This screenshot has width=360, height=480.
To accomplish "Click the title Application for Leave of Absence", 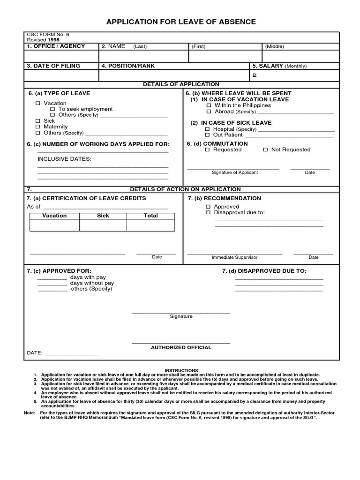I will (x=181, y=22).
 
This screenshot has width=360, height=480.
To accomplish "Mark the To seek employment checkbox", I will (x=52, y=109).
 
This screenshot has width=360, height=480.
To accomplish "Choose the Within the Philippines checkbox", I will (x=209, y=105).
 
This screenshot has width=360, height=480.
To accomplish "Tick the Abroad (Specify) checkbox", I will (x=209, y=112).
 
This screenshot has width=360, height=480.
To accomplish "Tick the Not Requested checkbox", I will (x=265, y=150).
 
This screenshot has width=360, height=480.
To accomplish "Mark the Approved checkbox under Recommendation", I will (x=209, y=207).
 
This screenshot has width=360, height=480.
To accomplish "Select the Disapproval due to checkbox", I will (x=209, y=213).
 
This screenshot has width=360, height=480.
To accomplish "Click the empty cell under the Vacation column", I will (x=54, y=225).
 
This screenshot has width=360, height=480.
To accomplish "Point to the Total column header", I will (x=150, y=216).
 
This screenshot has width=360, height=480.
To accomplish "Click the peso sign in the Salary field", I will (x=255, y=75).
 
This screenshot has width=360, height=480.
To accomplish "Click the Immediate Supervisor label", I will (x=234, y=257).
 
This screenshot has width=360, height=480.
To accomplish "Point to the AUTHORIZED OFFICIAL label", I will (x=181, y=347).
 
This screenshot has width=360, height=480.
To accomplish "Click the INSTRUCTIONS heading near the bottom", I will (x=181, y=370).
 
